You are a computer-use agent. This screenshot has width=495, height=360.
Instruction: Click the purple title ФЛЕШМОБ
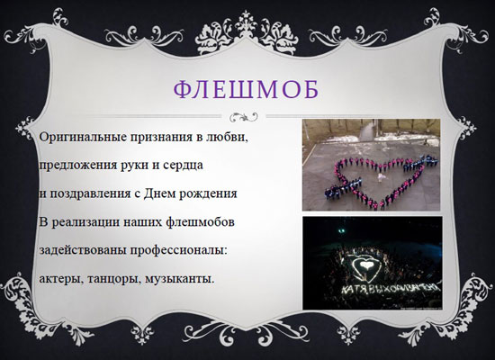tap(247, 89)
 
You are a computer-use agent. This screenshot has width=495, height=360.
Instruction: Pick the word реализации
tap(85, 222)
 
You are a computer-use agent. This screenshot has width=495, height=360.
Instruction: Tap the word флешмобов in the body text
tap(200, 221)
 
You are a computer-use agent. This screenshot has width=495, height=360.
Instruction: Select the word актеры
tap(61, 279)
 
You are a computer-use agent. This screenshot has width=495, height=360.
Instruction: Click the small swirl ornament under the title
tap(243, 116)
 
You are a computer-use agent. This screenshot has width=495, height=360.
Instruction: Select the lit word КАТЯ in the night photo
tap(352, 291)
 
